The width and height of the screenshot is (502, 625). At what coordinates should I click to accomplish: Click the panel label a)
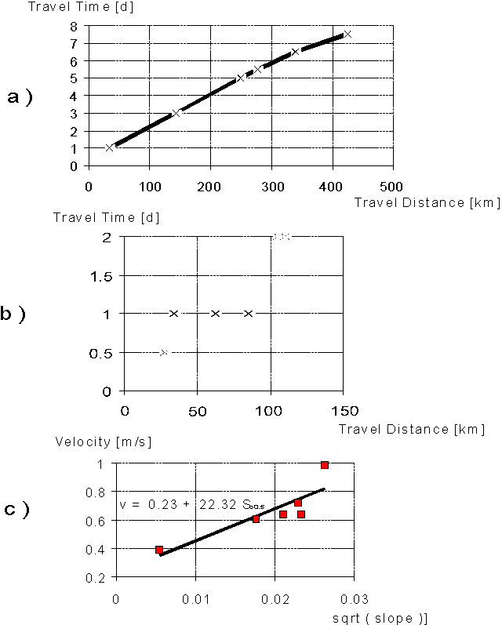click(19, 97)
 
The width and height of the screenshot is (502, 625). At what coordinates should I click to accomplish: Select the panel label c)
click(17, 509)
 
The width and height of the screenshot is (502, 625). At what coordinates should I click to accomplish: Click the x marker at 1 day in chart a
click(109, 147)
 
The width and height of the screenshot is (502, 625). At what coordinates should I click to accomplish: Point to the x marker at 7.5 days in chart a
click(347, 34)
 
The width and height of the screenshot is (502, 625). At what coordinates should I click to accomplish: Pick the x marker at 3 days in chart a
click(176, 113)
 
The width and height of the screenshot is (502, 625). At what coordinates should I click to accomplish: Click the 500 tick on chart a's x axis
click(392, 186)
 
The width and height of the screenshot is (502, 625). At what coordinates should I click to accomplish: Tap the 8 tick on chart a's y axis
click(73, 26)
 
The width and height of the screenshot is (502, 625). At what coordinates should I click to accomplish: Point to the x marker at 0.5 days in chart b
click(163, 353)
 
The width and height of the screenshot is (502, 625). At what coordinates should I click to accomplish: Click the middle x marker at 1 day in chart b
click(216, 314)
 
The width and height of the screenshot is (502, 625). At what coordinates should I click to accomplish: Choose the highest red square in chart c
click(325, 465)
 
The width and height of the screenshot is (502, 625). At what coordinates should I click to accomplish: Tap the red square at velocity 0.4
click(159, 550)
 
